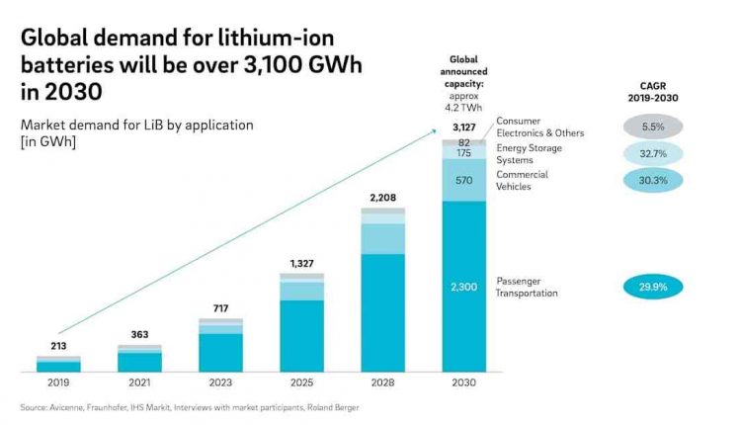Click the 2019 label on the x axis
58,382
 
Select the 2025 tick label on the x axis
301,382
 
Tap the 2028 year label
382,382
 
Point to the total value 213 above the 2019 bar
58,346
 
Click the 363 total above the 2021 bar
139,335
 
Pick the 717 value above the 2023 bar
220,308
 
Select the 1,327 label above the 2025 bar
301,263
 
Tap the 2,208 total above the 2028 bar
382,198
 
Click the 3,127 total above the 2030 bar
463,128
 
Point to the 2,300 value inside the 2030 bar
463,286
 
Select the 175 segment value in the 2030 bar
463,153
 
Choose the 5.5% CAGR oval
653,127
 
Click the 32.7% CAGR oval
653,153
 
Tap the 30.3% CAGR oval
653,180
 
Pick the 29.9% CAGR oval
653,287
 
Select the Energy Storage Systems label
529,153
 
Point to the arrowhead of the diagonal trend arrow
436,129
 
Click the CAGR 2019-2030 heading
653,91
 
